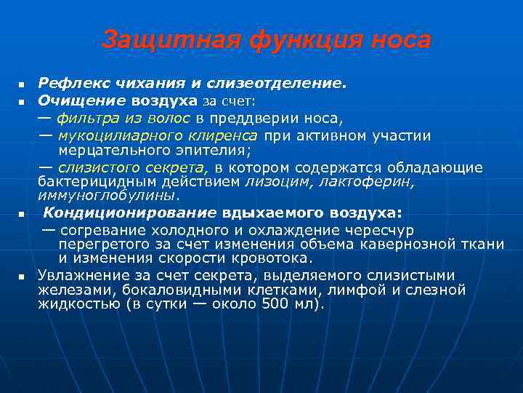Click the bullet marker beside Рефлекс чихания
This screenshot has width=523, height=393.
coord(23,84)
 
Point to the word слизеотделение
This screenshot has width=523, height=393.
coord(285,84)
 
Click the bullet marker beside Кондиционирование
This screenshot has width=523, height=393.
coord(23,215)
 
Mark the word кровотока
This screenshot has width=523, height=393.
coord(275,258)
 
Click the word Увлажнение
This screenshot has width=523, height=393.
coord(83,275)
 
